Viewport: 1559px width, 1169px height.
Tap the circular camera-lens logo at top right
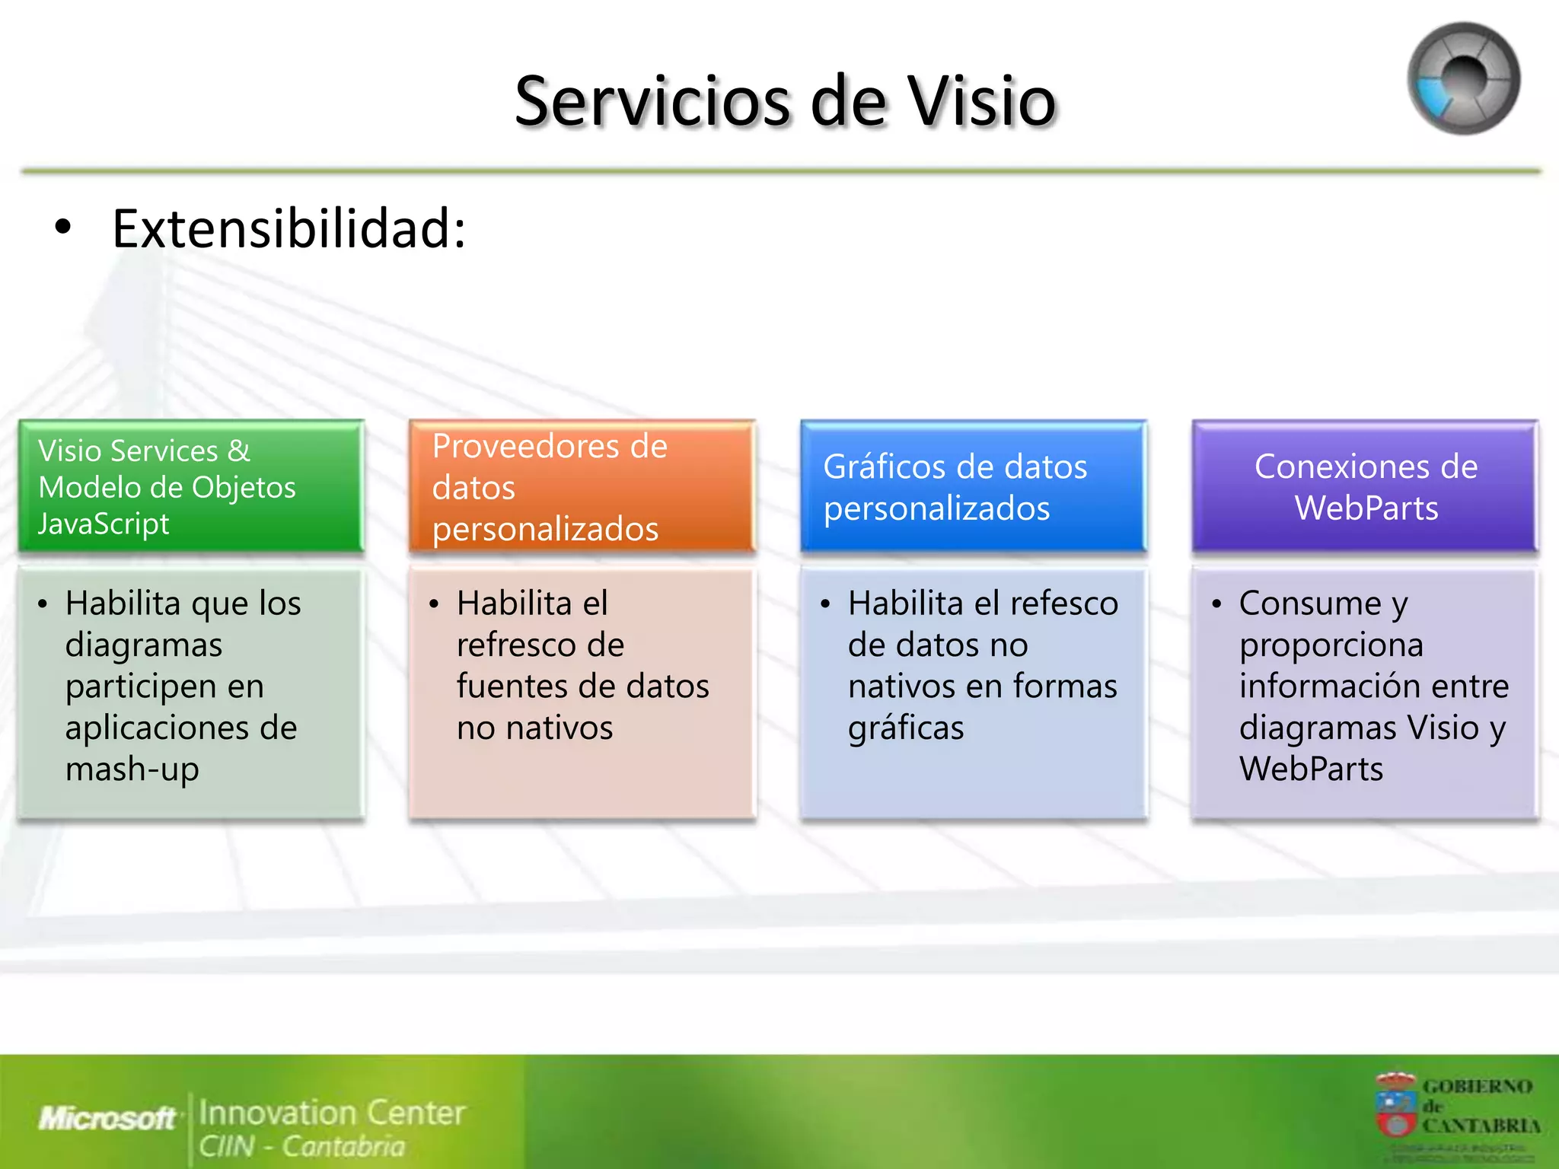[x=1463, y=78]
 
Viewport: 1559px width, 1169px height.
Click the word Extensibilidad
[x=289, y=228]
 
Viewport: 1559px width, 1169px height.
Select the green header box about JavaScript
[x=191, y=486]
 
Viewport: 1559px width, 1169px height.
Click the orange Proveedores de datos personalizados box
[x=582, y=486]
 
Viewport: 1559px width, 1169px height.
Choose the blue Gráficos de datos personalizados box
[x=973, y=486]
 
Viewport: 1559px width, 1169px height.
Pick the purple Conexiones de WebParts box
[x=1365, y=486]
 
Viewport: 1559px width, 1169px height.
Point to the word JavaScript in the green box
[x=104, y=524]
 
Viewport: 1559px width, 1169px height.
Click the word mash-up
[x=132, y=769]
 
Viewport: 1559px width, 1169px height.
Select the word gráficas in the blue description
[x=906, y=728]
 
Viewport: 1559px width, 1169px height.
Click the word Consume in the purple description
[x=1309, y=604]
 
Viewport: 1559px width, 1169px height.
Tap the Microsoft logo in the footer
[x=107, y=1118]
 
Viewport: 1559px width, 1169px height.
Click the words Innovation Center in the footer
[x=331, y=1113]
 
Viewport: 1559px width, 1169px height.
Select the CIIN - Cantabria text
[x=301, y=1146]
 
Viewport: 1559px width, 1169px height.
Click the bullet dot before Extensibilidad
[x=63, y=227]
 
